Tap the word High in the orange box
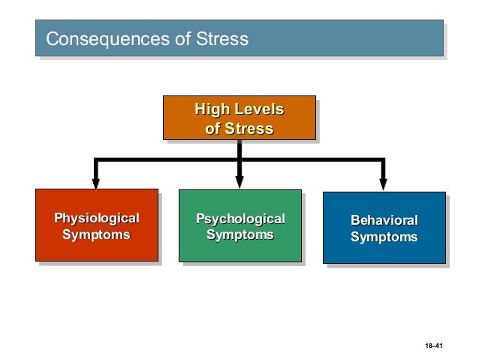pyautogui.click(x=212, y=110)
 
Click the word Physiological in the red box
pyautogui.click(x=96, y=219)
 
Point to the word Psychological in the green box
pyautogui.click(x=240, y=219)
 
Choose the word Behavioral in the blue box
pyautogui.click(x=384, y=221)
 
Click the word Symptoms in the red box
pyautogui.click(x=96, y=235)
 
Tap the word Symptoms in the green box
pyautogui.click(x=240, y=235)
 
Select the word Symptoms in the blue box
pyautogui.click(x=384, y=237)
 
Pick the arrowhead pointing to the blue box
pyautogui.click(x=383, y=183)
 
